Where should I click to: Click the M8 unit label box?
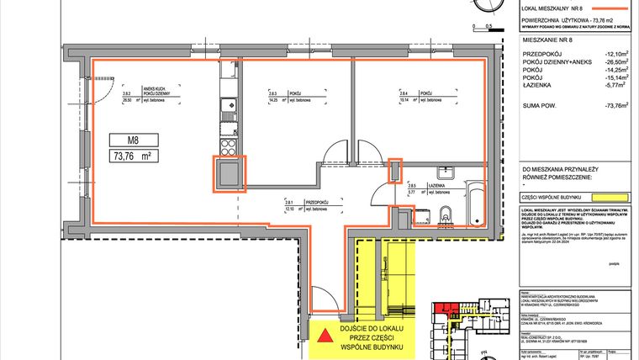pos(132,140)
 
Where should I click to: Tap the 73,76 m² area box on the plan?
pos(132,156)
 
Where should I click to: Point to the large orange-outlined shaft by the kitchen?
pos(229,175)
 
